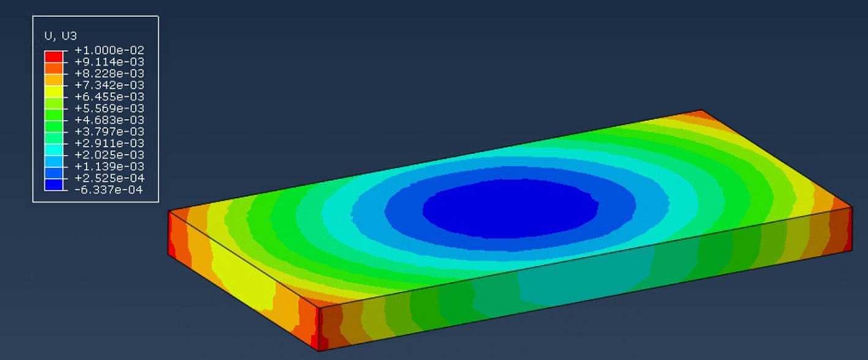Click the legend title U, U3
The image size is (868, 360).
coord(61,36)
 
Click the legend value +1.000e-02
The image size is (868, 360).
coord(109,50)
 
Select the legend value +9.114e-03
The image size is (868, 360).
coord(109,62)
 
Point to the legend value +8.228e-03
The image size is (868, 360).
coord(109,73)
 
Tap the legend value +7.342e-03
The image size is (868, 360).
coord(109,85)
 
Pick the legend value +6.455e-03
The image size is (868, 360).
coord(109,97)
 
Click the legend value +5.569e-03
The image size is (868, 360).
coord(109,108)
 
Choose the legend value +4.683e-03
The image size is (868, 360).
coord(109,120)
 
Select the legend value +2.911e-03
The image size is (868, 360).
coord(109,143)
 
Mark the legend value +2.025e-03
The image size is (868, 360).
coord(109,155)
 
